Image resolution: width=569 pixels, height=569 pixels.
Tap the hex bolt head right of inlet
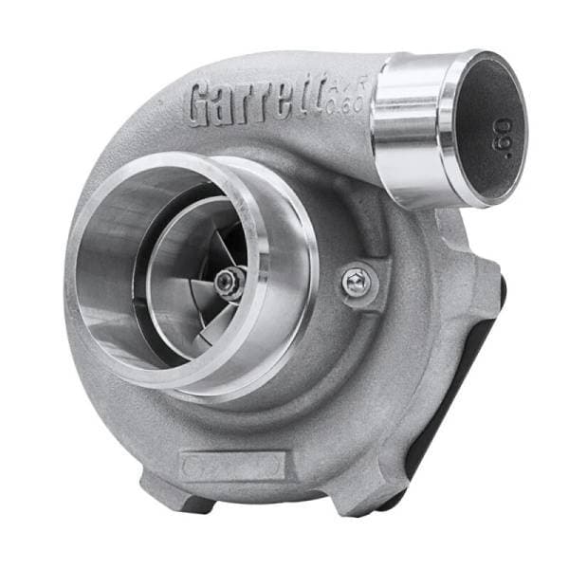click(358, 281)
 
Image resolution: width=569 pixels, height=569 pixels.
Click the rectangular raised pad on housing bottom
click(232, 465)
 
